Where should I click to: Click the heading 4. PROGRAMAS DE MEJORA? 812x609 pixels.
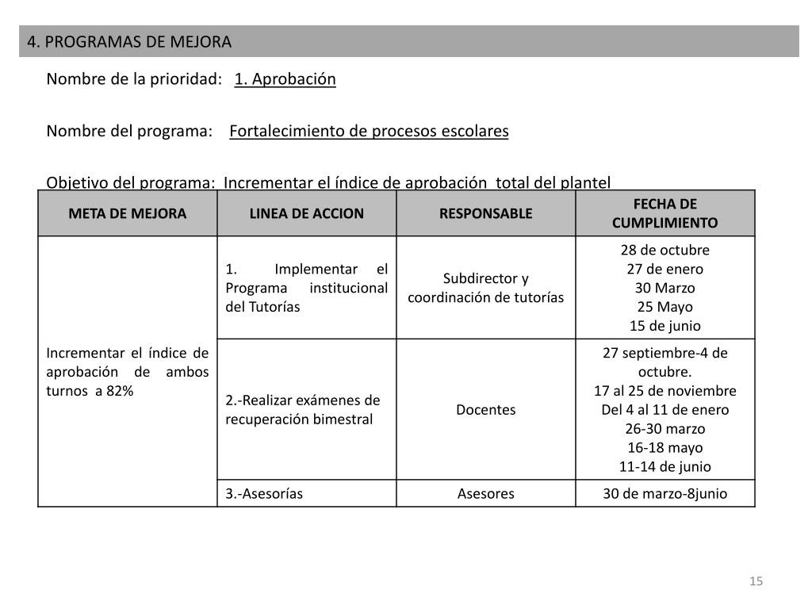coord(129,41)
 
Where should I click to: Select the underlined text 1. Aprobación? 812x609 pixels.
coord(285,79)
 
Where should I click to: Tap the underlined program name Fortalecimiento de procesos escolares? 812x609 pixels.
coord(369,131)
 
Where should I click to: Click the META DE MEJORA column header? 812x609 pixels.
coord(128,213)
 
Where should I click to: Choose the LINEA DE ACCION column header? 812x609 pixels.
coord(307,213)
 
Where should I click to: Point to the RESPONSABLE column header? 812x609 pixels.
coord(486,213)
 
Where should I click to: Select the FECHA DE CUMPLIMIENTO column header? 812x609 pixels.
coord(665,213)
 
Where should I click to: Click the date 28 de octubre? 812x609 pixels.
coord(665,251)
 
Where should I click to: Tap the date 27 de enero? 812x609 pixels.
coord(665,269)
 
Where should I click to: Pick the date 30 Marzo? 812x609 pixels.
coord(665,288)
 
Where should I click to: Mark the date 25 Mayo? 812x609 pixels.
coord(665,307)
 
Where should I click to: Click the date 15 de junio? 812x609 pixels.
coord(665,326)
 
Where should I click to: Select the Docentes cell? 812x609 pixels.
coord(486,410)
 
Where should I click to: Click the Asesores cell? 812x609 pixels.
coord(486,493)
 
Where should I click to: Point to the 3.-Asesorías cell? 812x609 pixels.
coord(264,493)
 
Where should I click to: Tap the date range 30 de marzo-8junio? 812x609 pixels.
coord(665,493)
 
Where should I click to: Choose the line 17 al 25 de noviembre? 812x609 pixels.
coord(665,391)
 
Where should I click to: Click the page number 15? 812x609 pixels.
coord(756,582)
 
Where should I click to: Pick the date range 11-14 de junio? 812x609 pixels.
coord(665,466)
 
